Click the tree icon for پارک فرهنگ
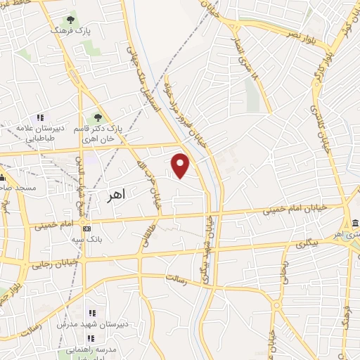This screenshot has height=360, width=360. click(70, 20)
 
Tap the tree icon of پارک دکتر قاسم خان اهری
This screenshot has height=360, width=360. click(98, 118)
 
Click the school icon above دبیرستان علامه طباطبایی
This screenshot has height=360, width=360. click(41, 117)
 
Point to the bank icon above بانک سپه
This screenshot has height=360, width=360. click(86, 229)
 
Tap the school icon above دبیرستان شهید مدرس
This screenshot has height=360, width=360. click(91, 313)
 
